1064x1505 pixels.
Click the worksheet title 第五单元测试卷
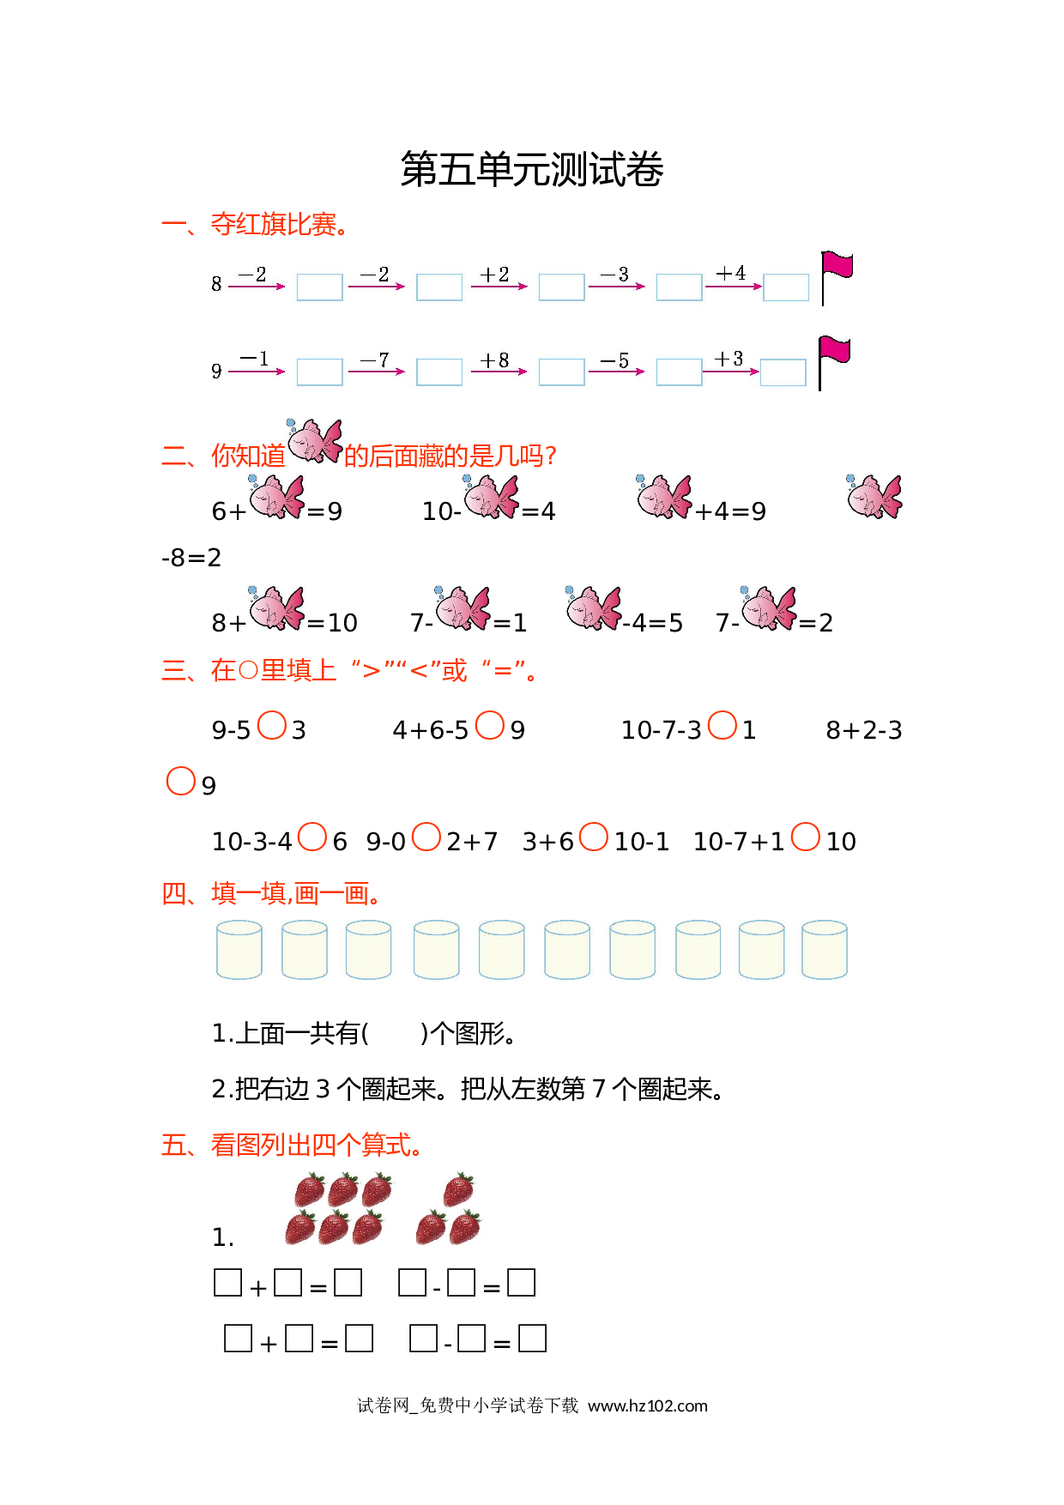(532, 169)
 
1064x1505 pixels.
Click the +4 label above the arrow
(731, 273)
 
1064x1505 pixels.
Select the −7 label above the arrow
(375, 360)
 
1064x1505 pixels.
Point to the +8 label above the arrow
(495, 360)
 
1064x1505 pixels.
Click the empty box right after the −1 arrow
(319, 372)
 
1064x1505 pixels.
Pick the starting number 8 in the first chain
(216, 284)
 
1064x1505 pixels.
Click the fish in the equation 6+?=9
(276, 497)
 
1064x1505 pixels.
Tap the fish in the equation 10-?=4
(492, 497)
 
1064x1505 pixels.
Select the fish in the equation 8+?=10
(276, 608)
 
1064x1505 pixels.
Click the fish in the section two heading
(314, 441)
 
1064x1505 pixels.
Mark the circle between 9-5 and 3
(272, 725)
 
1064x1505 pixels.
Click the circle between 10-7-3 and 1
(722, 725)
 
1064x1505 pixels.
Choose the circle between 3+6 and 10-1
(594, 837)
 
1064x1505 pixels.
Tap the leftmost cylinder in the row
(239, 950)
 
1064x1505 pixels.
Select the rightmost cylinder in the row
(825, 950)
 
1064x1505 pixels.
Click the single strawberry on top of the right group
(458, 1190)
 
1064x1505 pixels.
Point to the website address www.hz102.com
(648, 1405)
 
